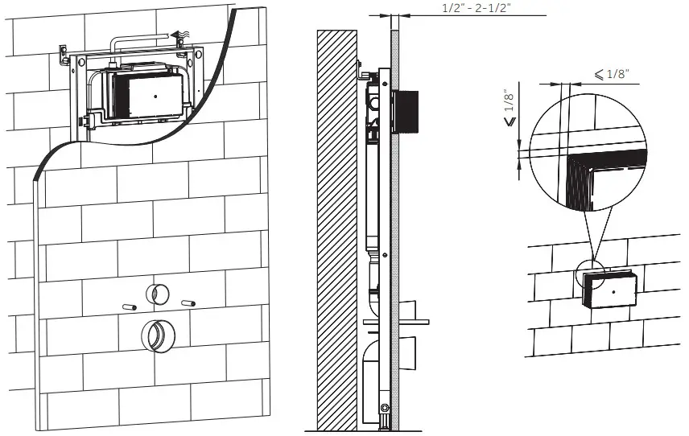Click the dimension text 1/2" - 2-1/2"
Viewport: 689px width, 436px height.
coord(477,8)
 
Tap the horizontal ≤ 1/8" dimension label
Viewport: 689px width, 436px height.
coord(612,74)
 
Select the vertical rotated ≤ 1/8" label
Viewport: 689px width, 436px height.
coord(510,109)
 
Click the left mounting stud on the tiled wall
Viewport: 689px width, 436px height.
coord(129,307)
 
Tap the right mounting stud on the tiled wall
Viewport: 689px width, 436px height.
coord(188,303)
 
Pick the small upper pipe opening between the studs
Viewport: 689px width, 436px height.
coord(157,294)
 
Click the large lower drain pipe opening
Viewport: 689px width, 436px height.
coord(157,336)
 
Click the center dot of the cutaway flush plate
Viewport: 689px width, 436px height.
coord(155,95)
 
